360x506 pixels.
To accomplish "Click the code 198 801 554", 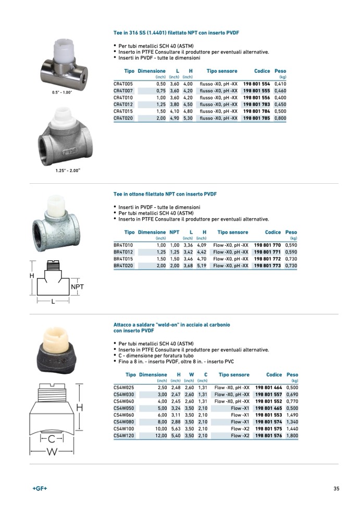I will [x=256, y=84].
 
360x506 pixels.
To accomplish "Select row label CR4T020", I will [x=123, y=118].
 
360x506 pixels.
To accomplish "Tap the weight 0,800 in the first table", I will [x=280, y=118].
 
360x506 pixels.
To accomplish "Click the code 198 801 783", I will [x=256, y=105].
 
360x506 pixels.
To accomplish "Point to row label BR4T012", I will [x=123, y=252].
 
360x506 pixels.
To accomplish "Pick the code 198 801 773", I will [x=267, y=265].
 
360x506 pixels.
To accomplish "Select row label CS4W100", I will [x=124, y=428].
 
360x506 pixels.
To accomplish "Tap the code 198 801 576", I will [x=268, y=435].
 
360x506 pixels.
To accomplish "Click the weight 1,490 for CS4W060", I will [x=292, y=415].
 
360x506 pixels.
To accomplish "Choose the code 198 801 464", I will [x=268, y=388].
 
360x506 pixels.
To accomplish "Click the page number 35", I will [x=337, y=488].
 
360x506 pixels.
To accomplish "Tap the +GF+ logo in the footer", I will [x=40, y=488].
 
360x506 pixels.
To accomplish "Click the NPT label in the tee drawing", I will [x=77, y=287].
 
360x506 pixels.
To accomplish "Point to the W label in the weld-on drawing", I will [x=53, y=452].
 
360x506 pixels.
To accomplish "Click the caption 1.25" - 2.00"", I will [x=68, y=170].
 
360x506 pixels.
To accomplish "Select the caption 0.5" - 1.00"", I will [x=61, y=92].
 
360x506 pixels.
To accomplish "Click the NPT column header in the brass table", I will [x=175, y=232].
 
